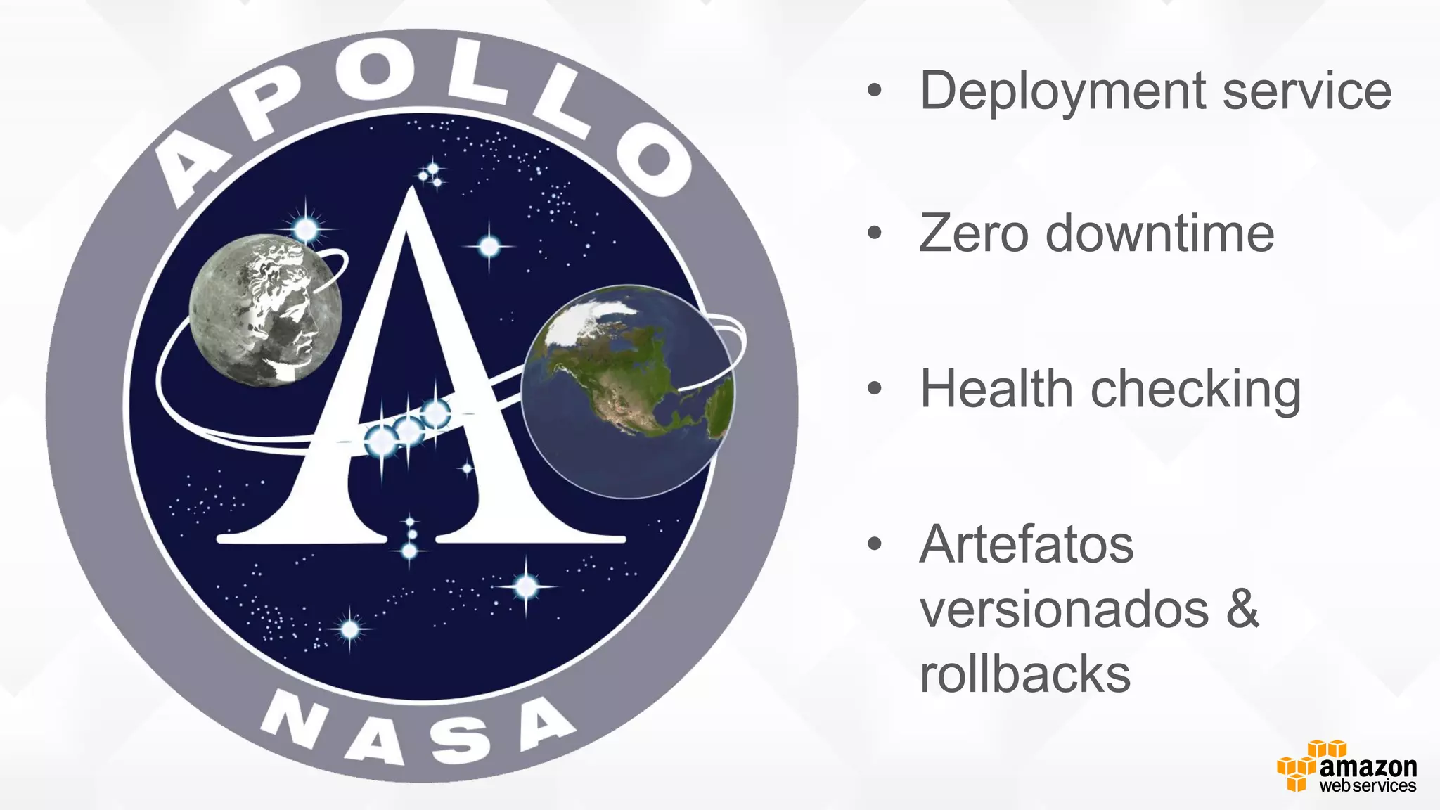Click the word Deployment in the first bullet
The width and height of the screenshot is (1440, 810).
[1064, 91]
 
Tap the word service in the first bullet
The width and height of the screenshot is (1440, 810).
[1307, 91]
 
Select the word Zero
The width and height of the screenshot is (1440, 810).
[974, 233]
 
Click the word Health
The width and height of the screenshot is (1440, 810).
[996, 389]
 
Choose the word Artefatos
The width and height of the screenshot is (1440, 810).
[1027, 544]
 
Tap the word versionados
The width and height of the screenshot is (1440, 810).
[1064, 609]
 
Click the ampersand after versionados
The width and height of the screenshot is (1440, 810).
[1243, 608]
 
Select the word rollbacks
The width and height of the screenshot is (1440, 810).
[1025, 674]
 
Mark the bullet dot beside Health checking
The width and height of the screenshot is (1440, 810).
[874, 388]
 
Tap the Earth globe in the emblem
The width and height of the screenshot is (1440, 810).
[627, 391]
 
